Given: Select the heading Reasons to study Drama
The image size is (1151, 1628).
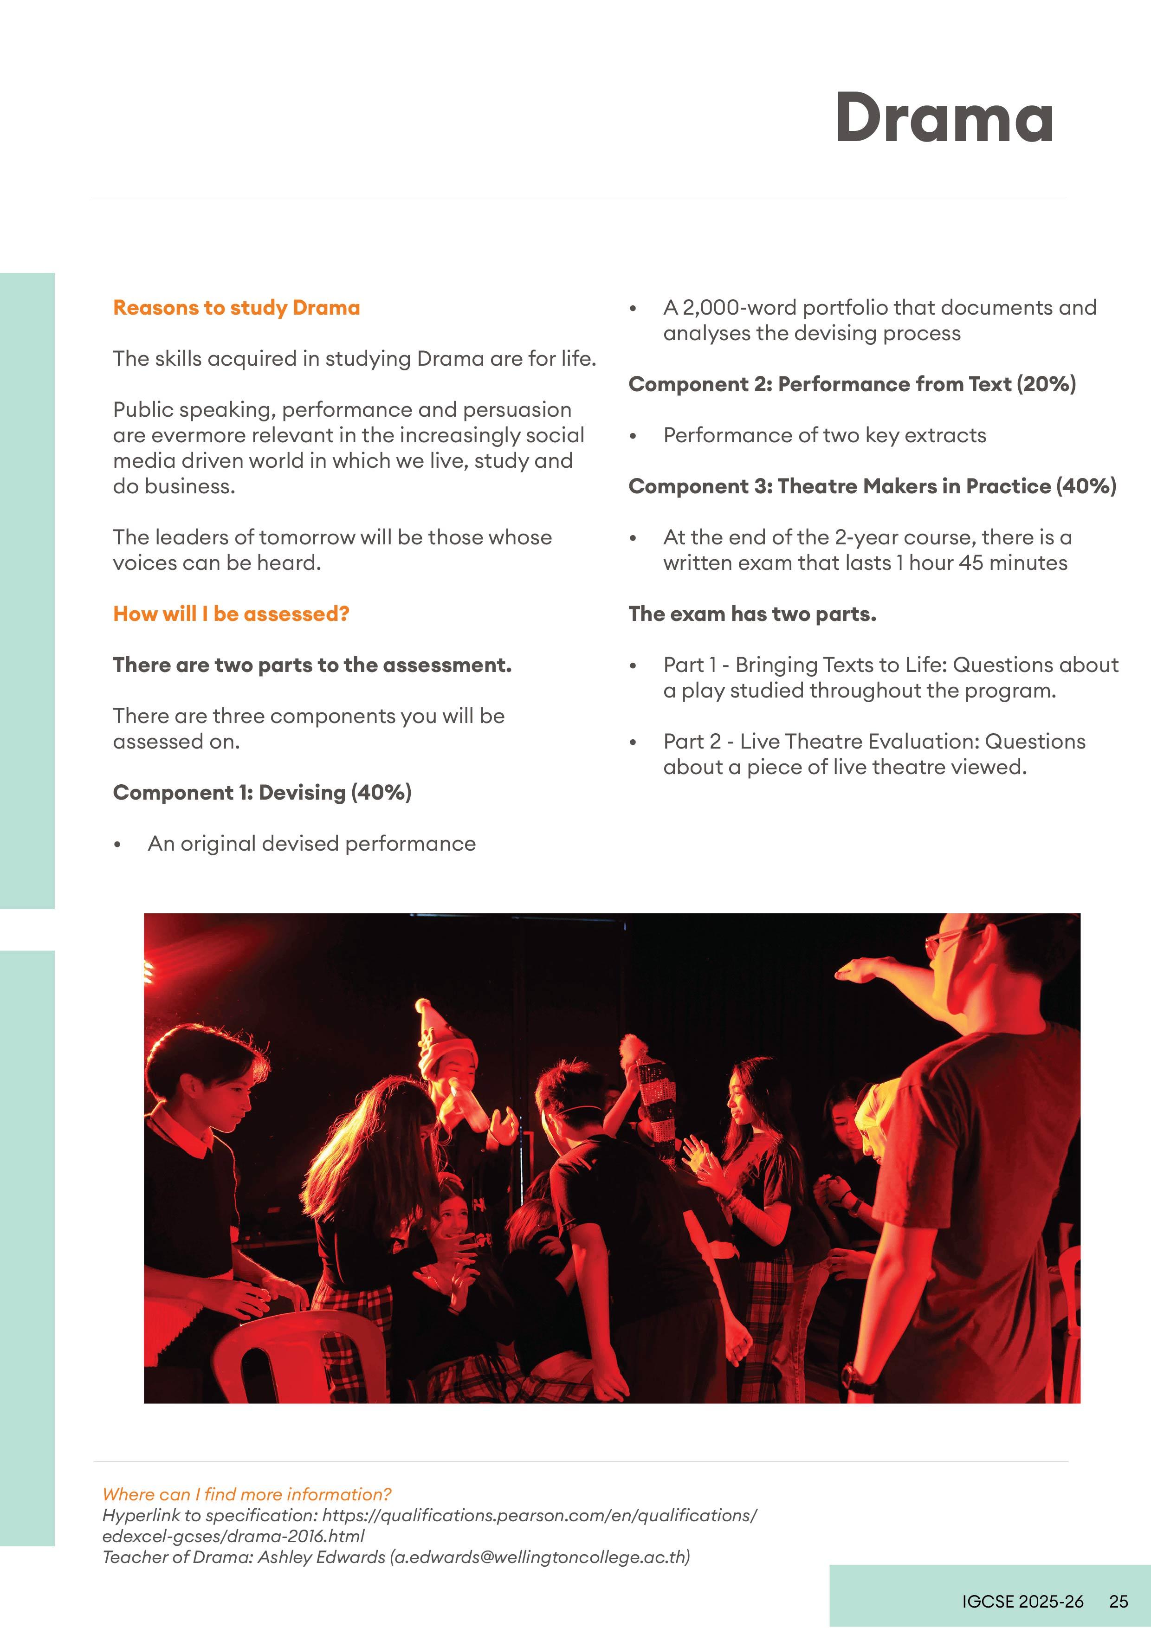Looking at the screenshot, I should (x=236, y=308).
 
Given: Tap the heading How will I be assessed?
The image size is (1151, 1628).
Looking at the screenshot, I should (x=231, y=614).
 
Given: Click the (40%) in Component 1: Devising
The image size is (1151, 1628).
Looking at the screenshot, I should (x=381, y=793).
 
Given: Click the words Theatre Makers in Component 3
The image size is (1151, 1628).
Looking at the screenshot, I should (x=870, y=486).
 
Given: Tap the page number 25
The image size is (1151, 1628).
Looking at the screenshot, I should (x=1119, y=1601).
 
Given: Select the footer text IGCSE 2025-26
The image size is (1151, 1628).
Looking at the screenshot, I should (x=1022, y=1601).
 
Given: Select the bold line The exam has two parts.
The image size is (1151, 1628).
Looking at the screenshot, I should (x=752, y=614).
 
